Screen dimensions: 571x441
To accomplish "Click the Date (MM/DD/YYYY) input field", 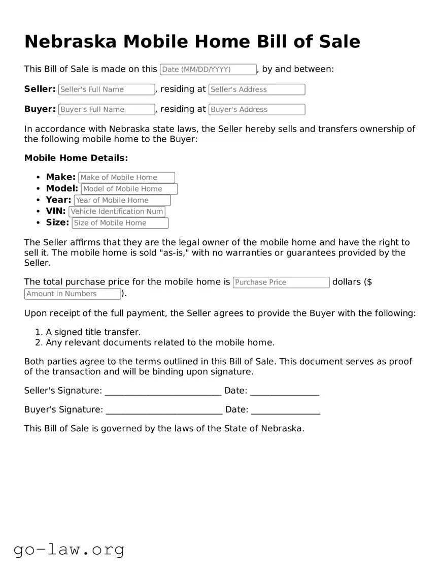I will pos(208,70).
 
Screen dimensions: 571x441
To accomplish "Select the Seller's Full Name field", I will pos(107,89).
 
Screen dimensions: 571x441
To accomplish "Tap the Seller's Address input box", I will pos(257,89).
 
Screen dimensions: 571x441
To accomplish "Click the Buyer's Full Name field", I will pos(107,109).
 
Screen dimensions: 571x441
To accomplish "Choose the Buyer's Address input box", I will pos(257,109).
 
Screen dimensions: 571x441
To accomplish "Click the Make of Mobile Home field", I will pos(126,177).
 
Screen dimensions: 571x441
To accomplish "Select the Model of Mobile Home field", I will pos(129,189).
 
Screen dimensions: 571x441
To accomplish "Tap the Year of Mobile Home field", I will pos(122,200).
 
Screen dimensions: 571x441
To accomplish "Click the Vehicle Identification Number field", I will pos(117,211).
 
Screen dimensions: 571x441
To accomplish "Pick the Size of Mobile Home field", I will pos(120,223).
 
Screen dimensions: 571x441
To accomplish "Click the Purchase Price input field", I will pos(281,282).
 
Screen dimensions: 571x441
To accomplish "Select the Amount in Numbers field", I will pos(73,294).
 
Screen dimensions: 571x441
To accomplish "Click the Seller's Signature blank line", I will pos(163,391).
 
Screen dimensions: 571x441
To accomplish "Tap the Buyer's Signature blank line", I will pos(164,410).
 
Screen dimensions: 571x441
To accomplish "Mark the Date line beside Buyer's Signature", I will pos(285,410).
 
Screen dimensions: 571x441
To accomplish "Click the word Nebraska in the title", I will pos(70,41).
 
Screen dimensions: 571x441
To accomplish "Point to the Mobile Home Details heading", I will pos(76,158).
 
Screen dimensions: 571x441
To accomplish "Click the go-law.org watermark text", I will pos(69,549).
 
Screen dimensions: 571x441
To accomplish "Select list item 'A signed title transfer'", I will pos(93,332).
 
